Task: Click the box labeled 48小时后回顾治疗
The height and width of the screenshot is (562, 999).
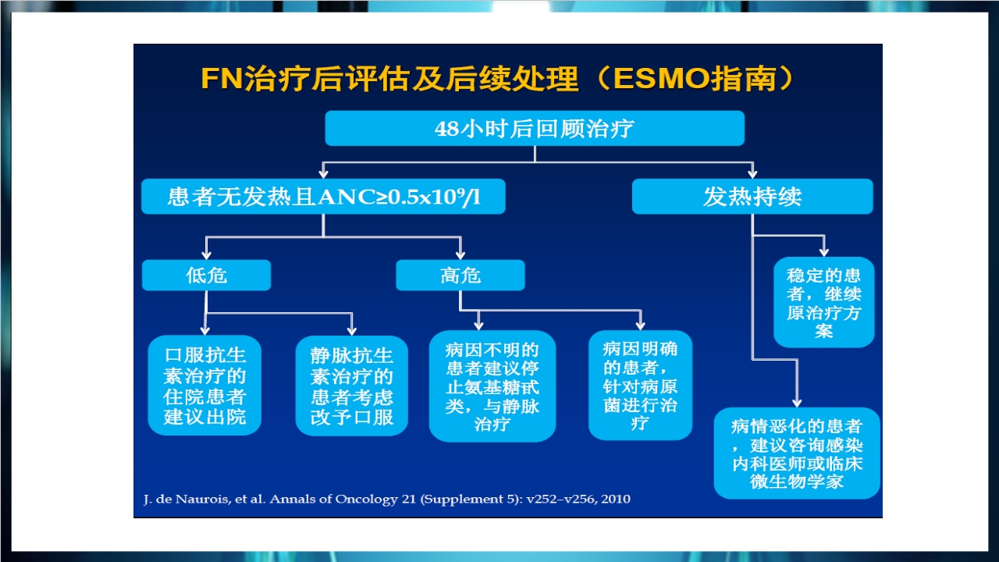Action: [x=534, y=129]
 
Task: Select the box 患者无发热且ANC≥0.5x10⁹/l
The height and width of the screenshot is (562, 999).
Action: [x=323, y=197]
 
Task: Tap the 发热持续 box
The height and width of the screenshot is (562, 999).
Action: [x=752, y=197]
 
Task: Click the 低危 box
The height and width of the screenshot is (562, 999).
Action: [x=206, y=276]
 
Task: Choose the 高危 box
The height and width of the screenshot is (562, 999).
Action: [x=460, y=276]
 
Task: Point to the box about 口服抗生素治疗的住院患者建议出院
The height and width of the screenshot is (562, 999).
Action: [x=204, y=386]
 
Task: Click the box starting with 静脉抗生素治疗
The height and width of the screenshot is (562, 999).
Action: [x=351, y=386]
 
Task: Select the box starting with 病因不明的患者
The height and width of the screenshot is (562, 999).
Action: [x=492, y=386]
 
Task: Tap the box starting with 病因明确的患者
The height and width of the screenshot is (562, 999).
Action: [x=640, y=386]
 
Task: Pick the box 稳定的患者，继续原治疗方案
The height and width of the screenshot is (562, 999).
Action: [x=823, y=303]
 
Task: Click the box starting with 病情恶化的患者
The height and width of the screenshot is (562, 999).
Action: [x=796, y=453]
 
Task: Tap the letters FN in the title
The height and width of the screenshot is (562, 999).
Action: [x=218, y=79]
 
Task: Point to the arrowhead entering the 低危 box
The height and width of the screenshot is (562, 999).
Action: [x=206, y=254]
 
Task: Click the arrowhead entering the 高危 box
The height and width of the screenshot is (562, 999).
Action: [x=460, y=254]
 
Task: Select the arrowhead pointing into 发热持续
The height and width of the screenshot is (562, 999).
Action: [x=752, y=173]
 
